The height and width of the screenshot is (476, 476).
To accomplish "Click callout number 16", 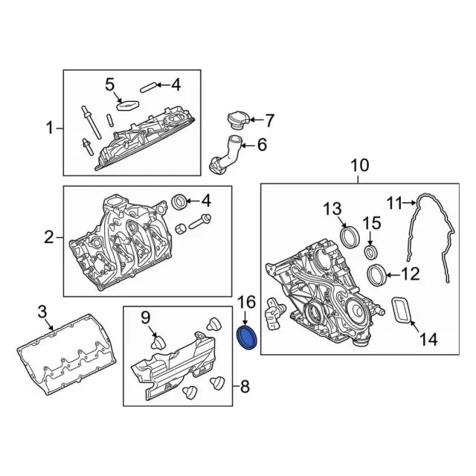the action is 246,303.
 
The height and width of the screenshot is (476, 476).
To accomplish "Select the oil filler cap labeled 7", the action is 238,120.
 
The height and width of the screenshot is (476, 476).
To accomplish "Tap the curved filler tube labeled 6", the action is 228,154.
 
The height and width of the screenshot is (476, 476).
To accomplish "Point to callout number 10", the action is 360,165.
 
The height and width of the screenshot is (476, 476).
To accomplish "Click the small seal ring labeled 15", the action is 371,252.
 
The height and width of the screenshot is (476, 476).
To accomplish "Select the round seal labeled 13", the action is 350,237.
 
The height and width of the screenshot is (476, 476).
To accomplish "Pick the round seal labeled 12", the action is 376,275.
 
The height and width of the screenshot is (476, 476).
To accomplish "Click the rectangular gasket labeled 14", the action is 401,309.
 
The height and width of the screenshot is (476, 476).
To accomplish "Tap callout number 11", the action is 394,203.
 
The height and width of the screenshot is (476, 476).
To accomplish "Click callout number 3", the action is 42,312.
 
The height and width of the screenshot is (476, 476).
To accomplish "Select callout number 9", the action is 146,318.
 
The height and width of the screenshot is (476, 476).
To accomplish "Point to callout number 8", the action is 245,387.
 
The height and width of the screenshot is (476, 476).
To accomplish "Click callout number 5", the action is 109,84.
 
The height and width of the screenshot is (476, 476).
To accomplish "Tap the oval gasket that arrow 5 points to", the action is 128,105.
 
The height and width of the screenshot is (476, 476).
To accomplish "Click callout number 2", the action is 49,237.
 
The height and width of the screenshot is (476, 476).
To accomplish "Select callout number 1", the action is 50,128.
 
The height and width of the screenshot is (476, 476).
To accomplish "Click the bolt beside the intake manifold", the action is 200,222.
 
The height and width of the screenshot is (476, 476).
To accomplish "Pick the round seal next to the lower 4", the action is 178,202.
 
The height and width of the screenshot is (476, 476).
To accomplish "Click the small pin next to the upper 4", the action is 148,87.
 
